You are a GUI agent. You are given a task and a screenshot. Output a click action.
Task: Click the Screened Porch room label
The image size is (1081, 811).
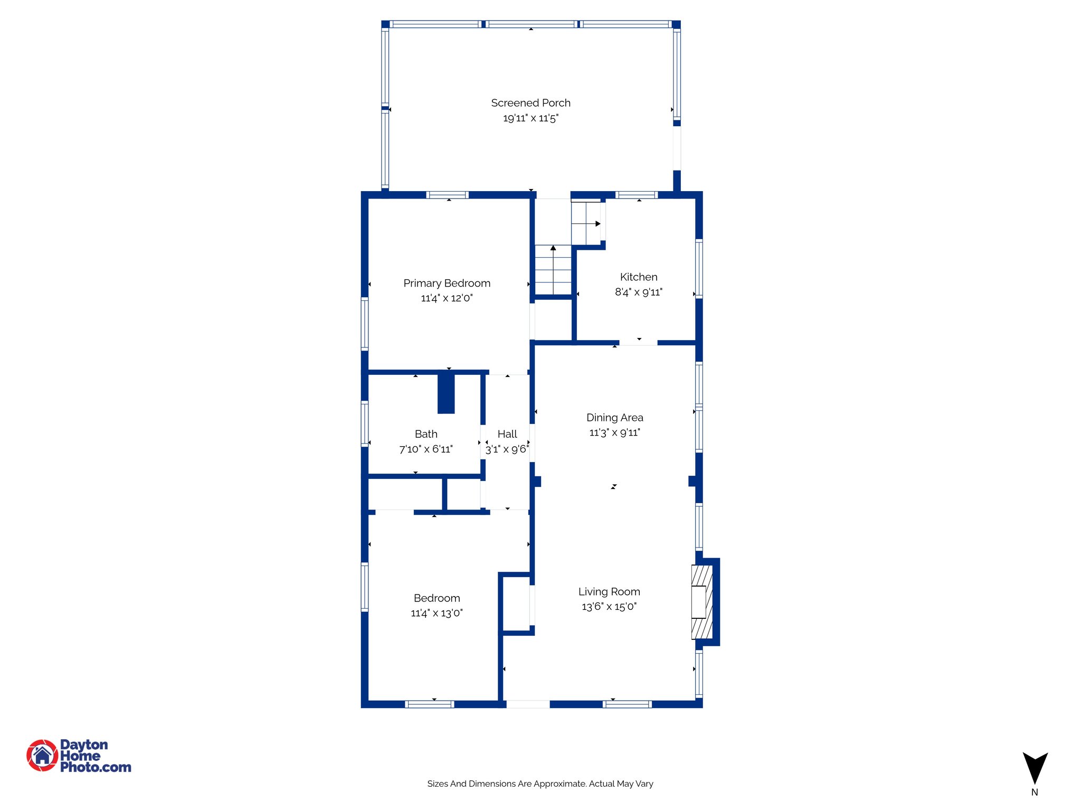click(530, 103)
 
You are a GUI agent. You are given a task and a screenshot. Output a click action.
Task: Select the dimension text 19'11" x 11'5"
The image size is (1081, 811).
click(530, 118)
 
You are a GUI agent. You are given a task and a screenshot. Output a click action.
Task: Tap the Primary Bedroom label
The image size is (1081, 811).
click(447, 284)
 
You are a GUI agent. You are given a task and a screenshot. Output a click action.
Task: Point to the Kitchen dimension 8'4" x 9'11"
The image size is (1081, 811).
click(638, 292)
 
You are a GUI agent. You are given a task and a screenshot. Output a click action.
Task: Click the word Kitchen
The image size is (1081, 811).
click(638, 277)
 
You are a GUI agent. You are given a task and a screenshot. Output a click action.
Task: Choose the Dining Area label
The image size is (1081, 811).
click(614, 418)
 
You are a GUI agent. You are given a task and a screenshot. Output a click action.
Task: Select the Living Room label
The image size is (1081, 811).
click(609, 592)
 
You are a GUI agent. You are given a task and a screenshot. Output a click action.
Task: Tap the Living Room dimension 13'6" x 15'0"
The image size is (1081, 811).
click(609, 607)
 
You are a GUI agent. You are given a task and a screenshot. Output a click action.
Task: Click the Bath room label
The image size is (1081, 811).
click(426, 434)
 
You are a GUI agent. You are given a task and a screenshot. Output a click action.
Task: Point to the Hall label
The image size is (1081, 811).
click(507, 434)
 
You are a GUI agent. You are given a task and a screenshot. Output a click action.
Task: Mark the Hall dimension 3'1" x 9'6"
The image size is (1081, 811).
click(507, 449)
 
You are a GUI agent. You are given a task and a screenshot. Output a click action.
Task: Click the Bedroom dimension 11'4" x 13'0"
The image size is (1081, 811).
click(437, 613)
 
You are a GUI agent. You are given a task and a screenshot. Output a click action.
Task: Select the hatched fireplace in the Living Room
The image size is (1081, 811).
click(701, 602)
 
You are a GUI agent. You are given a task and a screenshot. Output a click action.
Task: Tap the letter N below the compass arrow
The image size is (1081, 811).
click(1035, 793)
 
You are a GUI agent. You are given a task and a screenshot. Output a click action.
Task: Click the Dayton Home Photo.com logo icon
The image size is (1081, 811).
click(42, 756)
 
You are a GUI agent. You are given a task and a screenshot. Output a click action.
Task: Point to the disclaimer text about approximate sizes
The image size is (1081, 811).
click(540, 784)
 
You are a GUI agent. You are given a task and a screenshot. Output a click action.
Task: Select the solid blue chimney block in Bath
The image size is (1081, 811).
click(446, 393)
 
